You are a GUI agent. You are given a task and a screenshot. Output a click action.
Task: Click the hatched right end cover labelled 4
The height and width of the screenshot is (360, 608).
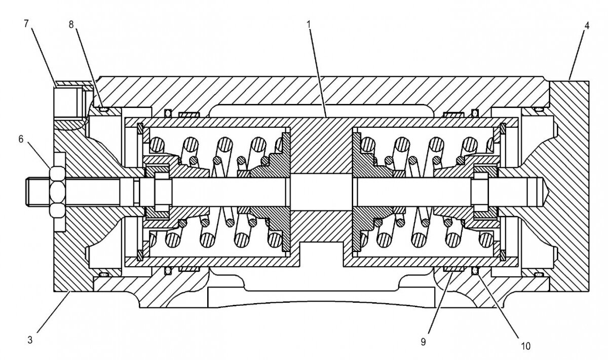(x=570, y=188)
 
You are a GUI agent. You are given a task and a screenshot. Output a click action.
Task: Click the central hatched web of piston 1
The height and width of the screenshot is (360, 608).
(x=321, y=147)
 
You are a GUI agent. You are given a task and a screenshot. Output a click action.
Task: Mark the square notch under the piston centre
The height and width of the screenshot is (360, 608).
(x=321, y=253)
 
